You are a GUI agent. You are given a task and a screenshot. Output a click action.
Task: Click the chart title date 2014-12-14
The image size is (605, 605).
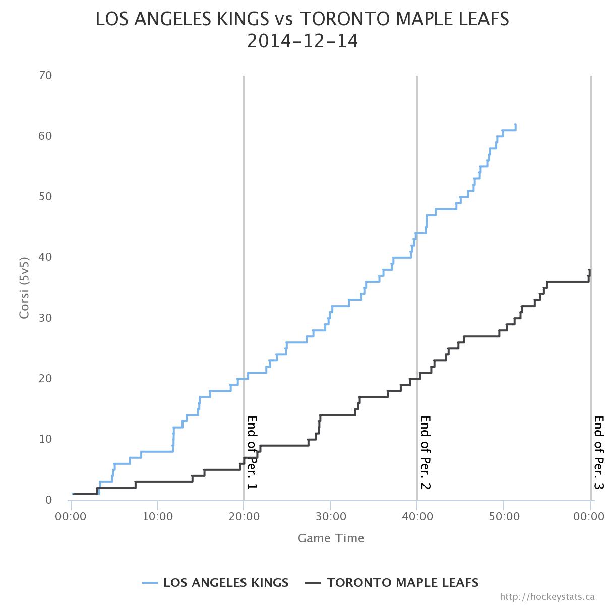click(302, 41)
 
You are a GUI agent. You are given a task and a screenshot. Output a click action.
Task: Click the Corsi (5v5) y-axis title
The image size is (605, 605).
click(24, 288)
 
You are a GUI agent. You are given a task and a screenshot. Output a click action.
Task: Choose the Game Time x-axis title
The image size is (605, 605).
click(331, 538)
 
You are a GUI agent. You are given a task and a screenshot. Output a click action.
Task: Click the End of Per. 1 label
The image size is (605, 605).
click(252, 452)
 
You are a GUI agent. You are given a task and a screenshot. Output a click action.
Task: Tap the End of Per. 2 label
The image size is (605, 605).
click(426, 452)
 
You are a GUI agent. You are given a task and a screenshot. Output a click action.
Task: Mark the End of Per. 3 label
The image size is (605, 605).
click(598, 452)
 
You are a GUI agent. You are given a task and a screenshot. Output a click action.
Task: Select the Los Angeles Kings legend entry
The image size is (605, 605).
click(216, 583)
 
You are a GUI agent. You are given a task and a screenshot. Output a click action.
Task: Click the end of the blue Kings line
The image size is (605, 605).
click(515, 125)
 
